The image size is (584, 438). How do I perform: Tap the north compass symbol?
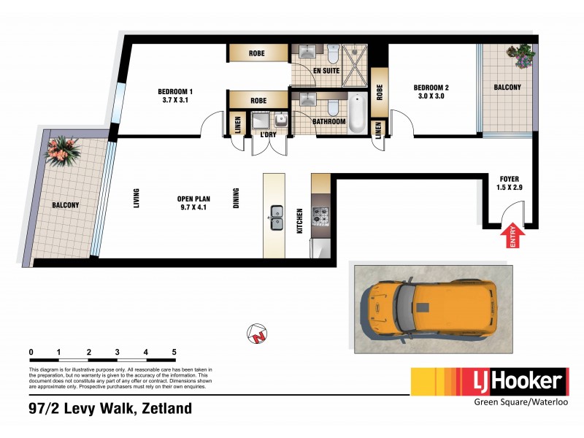(x=256, y=334)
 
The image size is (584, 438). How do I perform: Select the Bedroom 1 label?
(x=174, y=91)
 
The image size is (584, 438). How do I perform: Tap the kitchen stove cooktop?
(x=321, y=215)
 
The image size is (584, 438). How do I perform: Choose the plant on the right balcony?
(x=519, y=55)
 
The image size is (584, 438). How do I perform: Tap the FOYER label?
(x=510, y=179)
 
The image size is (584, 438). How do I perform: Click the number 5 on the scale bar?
(x=174, y=353)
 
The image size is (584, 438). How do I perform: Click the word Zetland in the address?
(x=165, y=409)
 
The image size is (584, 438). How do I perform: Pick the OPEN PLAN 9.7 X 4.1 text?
(x=194, y=202)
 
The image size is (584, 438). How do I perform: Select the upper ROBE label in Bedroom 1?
(x=257, y=53)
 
